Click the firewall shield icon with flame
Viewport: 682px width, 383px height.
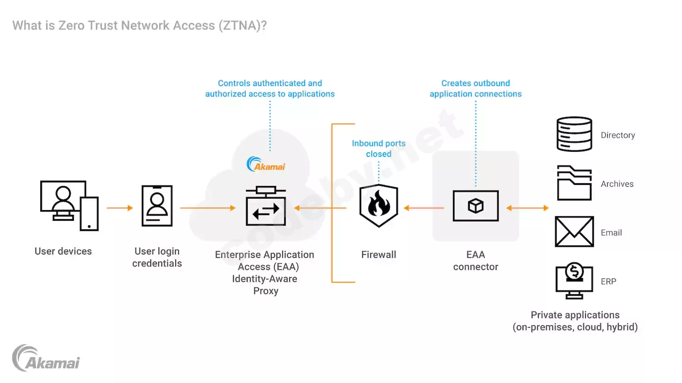pos(379,206)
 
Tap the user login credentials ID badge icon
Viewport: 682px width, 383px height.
pos(157,206)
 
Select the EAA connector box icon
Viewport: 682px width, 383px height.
pos(476,206)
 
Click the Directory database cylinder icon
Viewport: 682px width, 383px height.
pos(574,134)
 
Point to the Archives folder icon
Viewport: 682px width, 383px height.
pos(574,183)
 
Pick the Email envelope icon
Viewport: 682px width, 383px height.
pos(574,232)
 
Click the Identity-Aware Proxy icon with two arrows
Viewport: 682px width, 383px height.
pos(266,207)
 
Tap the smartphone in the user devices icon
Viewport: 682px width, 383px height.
pos(89,214)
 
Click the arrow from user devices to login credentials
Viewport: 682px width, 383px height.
pos(120,208)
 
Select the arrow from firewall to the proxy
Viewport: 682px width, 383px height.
pos(320,208)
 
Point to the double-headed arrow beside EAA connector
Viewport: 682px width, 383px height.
pos(527,208)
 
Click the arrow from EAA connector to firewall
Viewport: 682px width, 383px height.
pos(424,208)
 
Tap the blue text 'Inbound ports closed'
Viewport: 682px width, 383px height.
pos(378,148)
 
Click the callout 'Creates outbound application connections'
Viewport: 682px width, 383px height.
pos(476,88)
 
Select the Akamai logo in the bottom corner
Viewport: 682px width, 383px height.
pos(46,358)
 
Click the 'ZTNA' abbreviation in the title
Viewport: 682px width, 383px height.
pos(239,25)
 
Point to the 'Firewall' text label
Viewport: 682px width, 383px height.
pos(378,255)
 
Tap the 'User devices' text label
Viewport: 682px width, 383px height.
pos(63,251)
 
